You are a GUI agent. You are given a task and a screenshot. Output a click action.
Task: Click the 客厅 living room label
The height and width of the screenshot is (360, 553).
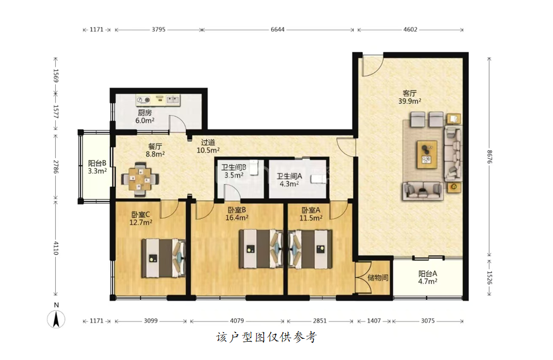click(x=410, y=93)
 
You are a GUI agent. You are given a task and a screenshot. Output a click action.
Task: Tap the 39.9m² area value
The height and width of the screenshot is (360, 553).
click(x=410, y=101)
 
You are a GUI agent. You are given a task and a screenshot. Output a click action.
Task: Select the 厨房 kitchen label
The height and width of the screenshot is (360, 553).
click(x=145, y=113)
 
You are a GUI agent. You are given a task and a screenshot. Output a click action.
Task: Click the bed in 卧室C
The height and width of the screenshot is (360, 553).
click(x=164, y=258)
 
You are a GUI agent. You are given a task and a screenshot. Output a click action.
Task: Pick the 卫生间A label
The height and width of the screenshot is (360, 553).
click(x=289, y=176)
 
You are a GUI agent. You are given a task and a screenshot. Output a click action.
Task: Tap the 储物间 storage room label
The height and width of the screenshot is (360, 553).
click(x=378, y=277)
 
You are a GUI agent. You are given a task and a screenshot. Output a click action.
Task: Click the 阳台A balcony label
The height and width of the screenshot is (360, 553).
click(x=427, y=273)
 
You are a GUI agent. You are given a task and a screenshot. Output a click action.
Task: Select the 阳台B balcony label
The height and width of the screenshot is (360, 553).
click(x=97, y=163)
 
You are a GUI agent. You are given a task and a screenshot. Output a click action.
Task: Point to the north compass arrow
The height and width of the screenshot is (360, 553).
click(x=56, y=319)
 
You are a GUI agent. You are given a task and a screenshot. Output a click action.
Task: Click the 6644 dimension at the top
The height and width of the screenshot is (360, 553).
click(x=277, y=30)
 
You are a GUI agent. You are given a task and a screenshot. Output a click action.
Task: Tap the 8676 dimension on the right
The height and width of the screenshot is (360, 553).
click(x=489, y=156)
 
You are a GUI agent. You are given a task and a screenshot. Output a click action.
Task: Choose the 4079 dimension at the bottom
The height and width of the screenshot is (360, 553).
click(x=237, y=321)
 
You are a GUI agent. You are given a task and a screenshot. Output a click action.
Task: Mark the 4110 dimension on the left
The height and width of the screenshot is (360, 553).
click(x=56, y=248)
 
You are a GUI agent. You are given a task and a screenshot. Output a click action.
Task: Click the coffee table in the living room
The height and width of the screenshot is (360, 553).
click(x=427, y=155)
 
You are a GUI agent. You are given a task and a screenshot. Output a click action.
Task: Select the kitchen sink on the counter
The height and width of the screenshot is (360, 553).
click(x=173, y=100)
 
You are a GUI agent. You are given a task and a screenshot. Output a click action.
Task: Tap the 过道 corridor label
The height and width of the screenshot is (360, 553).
click(x=208, y=142)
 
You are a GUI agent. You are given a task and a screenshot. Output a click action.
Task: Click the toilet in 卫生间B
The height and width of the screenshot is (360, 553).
click(x=254, y=168)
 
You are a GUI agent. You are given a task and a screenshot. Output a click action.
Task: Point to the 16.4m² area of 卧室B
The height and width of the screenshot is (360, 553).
click(x=237, y=218)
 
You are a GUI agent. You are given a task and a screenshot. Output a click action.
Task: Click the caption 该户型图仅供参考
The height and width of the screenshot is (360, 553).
click(x=266, y=338)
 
